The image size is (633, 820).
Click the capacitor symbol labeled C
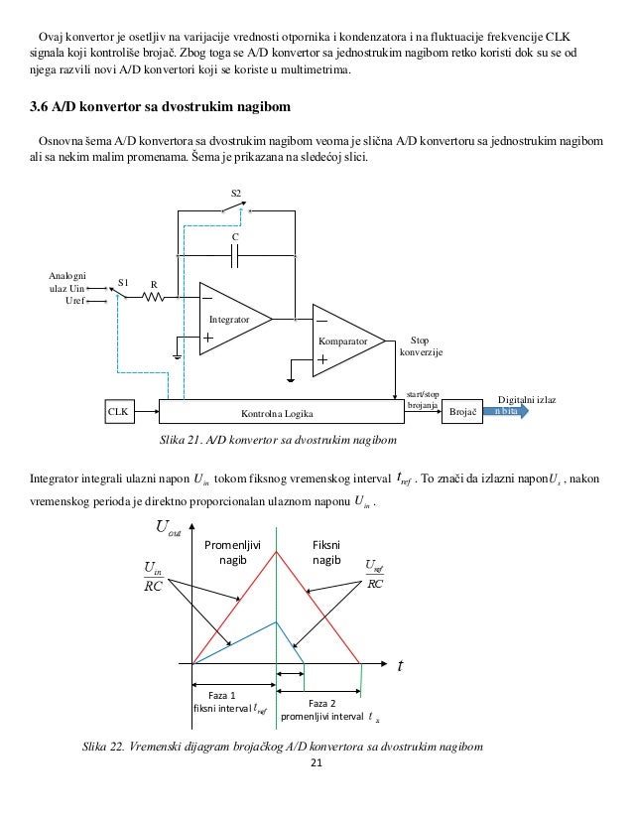pyautogui.click(x=235, y=257)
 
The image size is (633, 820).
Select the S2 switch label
pyautogui.click(x=235, y=191)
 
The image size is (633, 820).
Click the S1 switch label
pyautogui.click(x=123, y=282)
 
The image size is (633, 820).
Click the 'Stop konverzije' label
pyautogui.click(x=421, y=346)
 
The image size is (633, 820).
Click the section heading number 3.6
pyautogui.click(x=44, y=106)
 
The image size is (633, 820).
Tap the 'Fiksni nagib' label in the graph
pyautogui.click(x=326, y=554)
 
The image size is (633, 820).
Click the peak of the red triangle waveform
pyautogui.click(x=276, y=552)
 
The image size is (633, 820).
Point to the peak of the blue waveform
pyautogui.click(x=276, y=622)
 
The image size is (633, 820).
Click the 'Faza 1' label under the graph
pyautogui.click(x=228, y=695)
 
